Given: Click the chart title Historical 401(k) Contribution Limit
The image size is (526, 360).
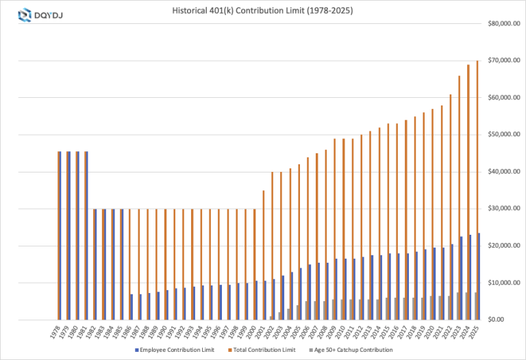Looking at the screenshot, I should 262,12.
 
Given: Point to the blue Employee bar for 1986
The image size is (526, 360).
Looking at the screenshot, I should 131,307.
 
